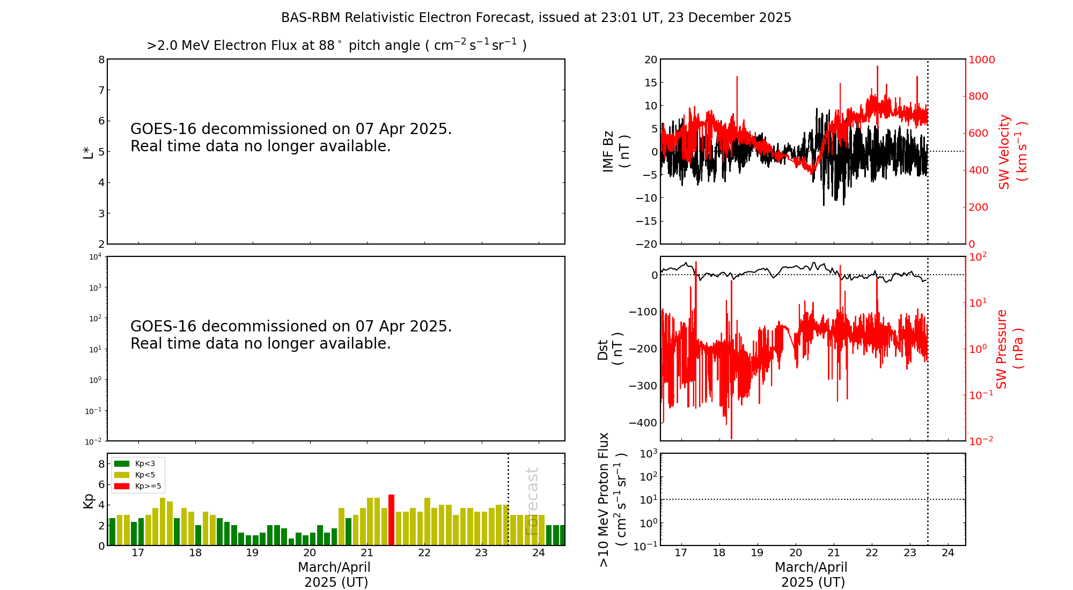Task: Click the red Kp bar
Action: (392, 520)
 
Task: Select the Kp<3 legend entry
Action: (137, 463)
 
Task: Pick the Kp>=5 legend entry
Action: (137, 486)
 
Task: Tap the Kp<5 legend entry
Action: (137, 475)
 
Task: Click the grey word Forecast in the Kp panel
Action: (532, 501)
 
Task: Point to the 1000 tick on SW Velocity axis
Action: (981, 60)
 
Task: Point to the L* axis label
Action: (89, 151)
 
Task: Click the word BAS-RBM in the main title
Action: (311, 18)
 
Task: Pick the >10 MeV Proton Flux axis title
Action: (612, 499)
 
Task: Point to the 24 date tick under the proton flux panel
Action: (948, 553)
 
